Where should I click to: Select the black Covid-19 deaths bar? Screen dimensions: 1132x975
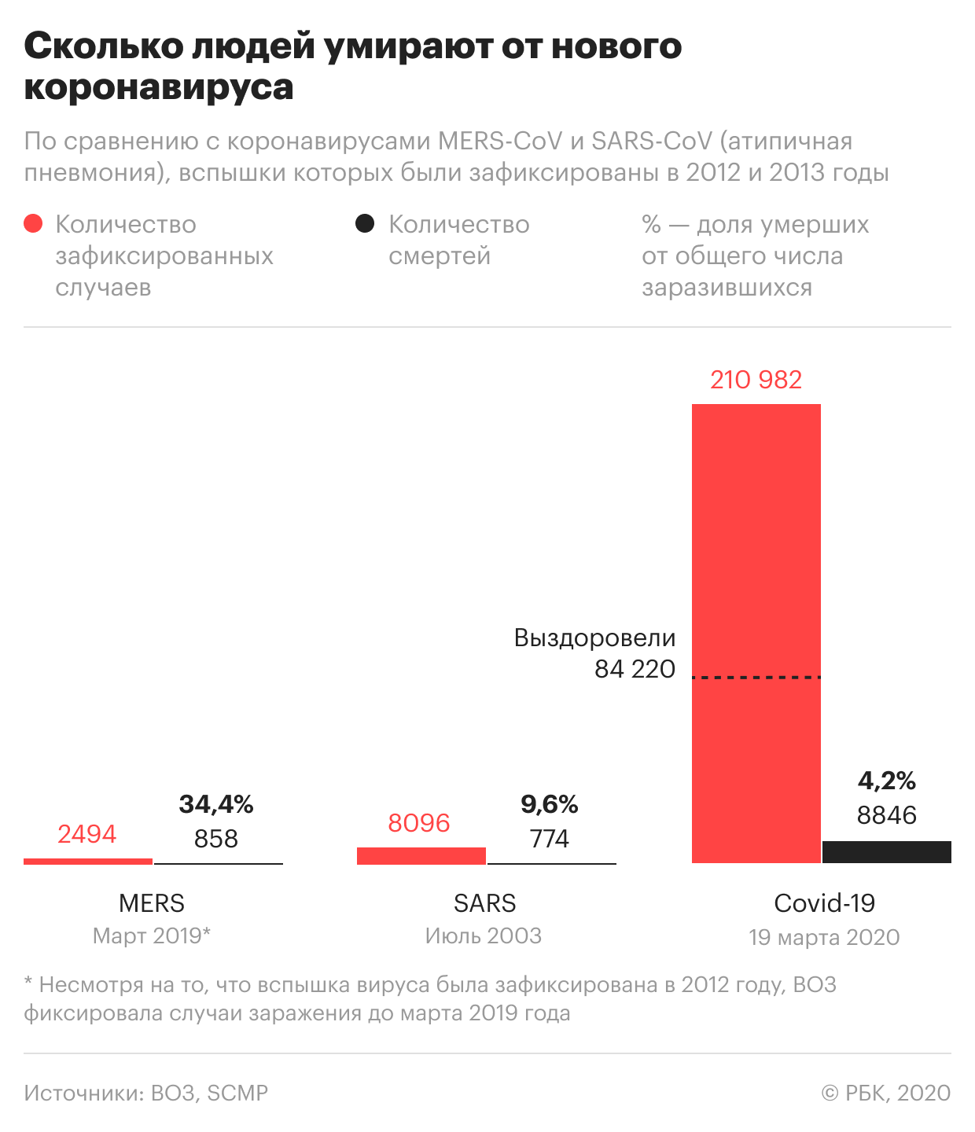tap(886, 852)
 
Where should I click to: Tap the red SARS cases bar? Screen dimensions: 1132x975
tap(421, 856)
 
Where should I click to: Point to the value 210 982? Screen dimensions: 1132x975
tap(756, 380)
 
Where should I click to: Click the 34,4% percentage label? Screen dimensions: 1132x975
tap(216, 804)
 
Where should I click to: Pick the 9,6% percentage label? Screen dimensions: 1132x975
tap(549, 804)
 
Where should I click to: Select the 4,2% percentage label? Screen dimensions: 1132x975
tap(886, 781)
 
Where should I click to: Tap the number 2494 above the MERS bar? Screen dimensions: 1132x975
tap(86, 834)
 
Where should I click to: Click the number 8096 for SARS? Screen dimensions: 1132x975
tap(419, 823)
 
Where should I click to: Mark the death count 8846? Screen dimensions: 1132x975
tap(886, 815)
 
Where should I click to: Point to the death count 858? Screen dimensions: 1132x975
tap(216, 839)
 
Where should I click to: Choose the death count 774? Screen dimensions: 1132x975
tap(549, 839)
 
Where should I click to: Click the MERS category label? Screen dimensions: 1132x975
tap(152, 903)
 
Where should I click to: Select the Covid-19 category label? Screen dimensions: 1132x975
tap(824, 903)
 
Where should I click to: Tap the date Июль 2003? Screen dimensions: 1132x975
tap(484, 936)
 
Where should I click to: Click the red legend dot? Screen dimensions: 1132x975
tap(33, 224)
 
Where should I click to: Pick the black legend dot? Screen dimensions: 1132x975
tap(364, 224)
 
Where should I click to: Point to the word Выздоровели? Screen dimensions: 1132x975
tap(594, 638)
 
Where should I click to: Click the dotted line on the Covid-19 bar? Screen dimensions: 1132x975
tap(756, 677)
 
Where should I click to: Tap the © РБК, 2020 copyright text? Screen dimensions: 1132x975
tap(885, 1093)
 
